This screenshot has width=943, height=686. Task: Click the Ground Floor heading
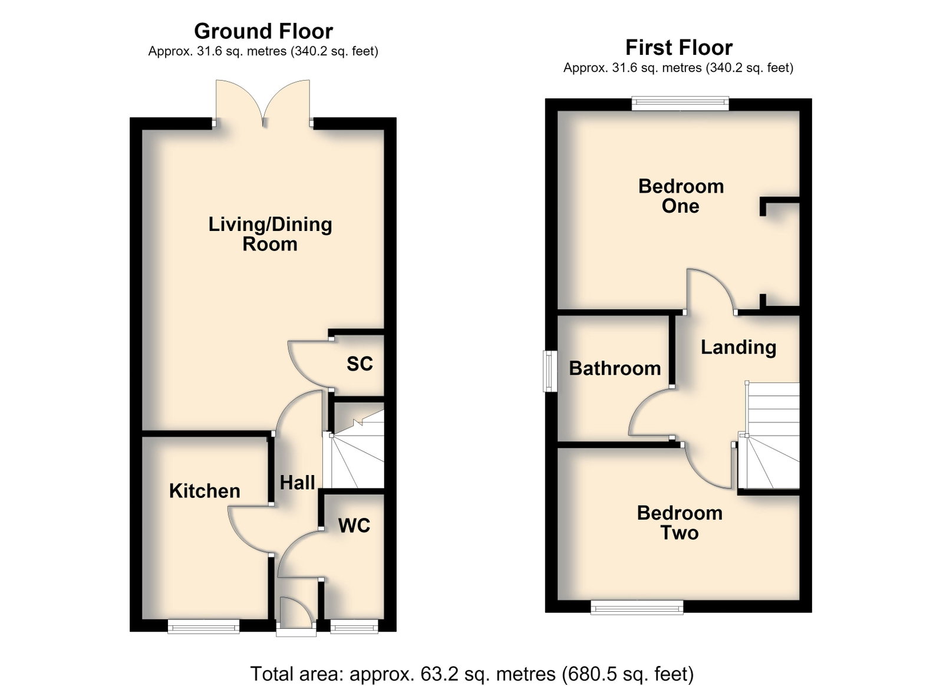click(263, 31)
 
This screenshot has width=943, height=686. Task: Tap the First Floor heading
click(679, 48)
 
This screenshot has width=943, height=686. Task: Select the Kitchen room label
click(205, 491)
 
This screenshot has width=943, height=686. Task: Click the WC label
click(354, 525)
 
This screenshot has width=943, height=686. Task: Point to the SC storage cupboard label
click(360, 364)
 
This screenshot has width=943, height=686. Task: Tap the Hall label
click(297, 483)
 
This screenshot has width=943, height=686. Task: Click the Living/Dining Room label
click(271, 234)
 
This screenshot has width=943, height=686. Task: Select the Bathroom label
click(615, 369)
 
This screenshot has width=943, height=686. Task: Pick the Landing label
click(738, 348)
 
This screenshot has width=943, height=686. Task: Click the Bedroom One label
click(681, 196)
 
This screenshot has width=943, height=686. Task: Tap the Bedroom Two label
click(680, 523)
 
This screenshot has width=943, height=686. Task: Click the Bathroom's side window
click(550, 371)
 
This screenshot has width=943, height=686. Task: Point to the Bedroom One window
click(680, 104)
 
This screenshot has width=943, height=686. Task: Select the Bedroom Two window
click(637, 607)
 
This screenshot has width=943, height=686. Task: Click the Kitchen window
click(204, 626)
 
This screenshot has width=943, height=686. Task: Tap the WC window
click(354, 626)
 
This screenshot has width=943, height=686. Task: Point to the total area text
click(472, 674)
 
